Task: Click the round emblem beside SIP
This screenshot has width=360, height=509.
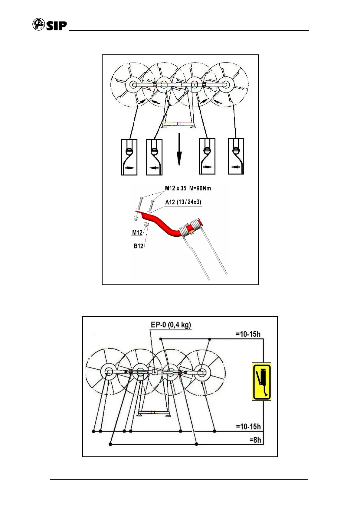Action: (38, 24)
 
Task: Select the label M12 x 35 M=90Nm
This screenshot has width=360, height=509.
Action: (188, 188)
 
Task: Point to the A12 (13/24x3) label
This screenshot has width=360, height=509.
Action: (183, 202)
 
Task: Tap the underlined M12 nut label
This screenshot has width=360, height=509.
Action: (137, 232)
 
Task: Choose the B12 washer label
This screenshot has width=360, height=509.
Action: (138, 246)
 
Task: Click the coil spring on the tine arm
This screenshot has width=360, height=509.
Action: (190, 229)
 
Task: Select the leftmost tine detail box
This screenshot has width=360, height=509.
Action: (129, 157)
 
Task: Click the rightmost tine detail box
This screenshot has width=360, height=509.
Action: (236, 156)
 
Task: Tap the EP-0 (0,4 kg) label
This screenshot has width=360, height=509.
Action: (171, 325)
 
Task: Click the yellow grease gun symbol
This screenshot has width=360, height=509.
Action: (261, 381)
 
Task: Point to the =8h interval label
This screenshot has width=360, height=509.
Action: (255, 440)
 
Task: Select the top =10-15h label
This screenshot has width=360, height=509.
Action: (248, 334)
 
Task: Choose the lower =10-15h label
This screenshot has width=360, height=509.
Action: (248, 426)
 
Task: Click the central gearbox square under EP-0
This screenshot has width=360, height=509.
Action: (154, 372)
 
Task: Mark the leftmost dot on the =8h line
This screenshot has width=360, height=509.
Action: (111, 444)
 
